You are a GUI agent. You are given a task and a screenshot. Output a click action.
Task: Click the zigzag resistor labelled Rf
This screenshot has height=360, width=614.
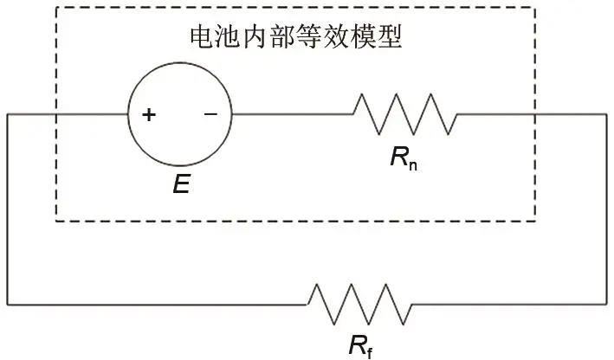coord(359,304)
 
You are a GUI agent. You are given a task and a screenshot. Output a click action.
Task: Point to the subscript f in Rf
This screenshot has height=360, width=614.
coord(370,352)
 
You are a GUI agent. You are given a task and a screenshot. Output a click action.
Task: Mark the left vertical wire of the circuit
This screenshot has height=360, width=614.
coord(8,208)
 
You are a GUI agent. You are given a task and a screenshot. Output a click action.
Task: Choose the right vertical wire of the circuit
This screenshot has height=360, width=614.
coord(606,208)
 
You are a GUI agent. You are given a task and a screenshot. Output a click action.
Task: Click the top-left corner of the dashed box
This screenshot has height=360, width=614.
coord(56,10)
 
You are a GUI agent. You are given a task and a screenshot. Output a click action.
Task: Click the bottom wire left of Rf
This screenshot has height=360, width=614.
coord(156,304)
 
